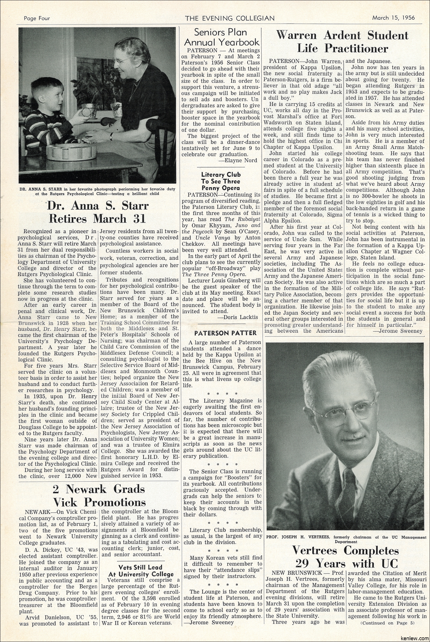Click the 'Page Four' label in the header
pos(37,18)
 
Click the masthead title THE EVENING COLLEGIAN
pos(230,18)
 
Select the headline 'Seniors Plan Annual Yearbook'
pos(220,36)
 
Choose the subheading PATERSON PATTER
pos(221,333)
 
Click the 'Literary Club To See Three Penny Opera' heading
pos(221,181)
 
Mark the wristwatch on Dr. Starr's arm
pos(111,136)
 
